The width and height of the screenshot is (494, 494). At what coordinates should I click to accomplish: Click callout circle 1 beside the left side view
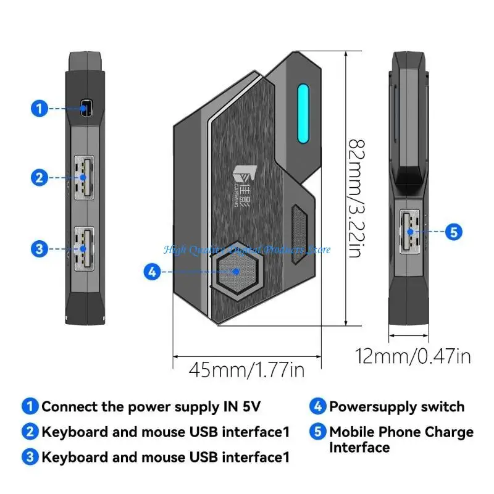(x=39, y=109)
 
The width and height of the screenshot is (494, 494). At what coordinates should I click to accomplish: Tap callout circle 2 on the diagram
(x=39, y=178)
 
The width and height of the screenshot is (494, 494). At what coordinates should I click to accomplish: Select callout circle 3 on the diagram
(x=39, y=249)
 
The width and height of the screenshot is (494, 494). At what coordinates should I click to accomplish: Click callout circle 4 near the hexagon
(x=152, y=270)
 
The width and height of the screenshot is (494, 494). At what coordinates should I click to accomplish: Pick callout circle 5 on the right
(x=454, y=232)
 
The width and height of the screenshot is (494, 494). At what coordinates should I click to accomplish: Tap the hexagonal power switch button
(x=236, y=272)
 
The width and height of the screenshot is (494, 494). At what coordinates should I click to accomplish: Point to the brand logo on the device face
(x=243, y=182)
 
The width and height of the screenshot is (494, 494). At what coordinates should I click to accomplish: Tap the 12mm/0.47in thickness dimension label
(x=413, y=356)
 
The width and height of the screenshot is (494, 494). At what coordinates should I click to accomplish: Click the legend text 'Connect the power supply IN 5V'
(x=151, y=406)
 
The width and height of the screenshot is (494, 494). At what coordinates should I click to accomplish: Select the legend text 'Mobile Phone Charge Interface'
(x=401, y=439)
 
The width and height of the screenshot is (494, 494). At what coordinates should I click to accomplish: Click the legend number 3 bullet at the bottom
(x=30, y=458)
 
